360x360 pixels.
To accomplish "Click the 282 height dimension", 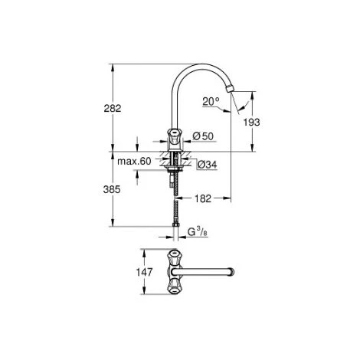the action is (113, 109).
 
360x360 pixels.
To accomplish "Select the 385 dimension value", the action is (112, 189).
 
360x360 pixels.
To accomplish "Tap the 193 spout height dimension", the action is (251, 123).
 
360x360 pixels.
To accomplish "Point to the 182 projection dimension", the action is (203, 198).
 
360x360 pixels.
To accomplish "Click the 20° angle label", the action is (211, 102).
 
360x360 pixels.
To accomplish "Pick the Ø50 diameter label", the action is (203, 136).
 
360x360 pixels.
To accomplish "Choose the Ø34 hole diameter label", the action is (208, 165).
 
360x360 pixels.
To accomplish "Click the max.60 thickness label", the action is (134, 162).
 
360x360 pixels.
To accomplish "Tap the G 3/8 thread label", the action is (198, 232).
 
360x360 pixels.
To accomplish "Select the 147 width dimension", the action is (144, 272).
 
